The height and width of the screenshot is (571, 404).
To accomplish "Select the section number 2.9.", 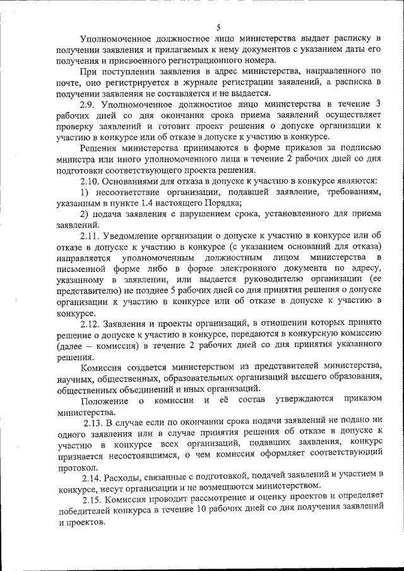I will coord(88,103).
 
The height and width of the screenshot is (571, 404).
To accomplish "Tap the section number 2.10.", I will coord(90,180).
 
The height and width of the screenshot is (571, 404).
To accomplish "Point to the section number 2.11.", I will coord(91,235).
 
